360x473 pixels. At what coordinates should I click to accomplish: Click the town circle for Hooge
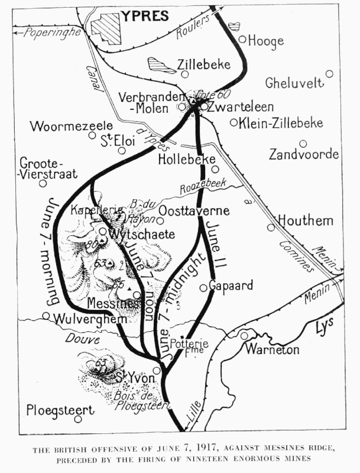coord(242,40)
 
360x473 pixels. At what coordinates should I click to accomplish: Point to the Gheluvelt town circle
coord(329,74)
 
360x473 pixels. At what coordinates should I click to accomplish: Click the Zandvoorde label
coord(304,155)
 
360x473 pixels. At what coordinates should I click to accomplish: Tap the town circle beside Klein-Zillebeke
coord(233,123)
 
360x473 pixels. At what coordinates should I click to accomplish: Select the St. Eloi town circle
coord(122,150)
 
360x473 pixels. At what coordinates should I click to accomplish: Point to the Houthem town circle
coord(271,227)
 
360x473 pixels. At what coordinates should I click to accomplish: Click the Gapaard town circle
coord(203,287)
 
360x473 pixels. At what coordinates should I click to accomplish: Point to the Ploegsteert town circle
coord(77,419)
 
